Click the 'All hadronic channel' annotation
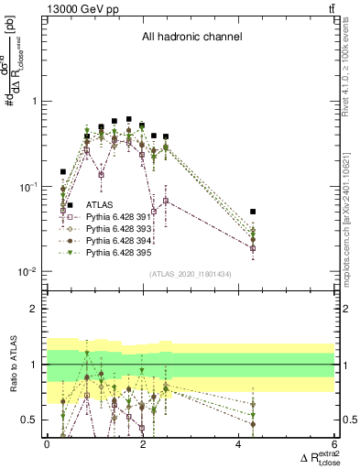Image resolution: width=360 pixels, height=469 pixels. (x=191, y=38)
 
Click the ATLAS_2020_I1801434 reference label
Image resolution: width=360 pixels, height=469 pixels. (x=191, y=273)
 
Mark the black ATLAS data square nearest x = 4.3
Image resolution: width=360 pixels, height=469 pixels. (x=253, y=212)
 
